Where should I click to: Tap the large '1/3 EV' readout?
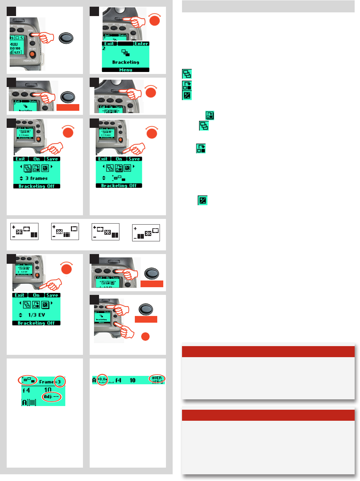click(x=36, y=315)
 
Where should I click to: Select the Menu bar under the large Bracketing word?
click(x=125, y=70)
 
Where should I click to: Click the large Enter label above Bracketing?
click(x=141, y=44)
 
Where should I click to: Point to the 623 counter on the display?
click(x=17, y=52)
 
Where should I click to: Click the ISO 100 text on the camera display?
click(x=15, y=48)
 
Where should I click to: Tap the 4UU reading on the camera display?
click(x=14, y=44)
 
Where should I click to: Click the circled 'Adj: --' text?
click(x=52, y=397)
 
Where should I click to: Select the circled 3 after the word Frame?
click(x=59, y=382)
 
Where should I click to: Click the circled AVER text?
click(x=157, y=378)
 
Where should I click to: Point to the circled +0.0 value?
click(x=102, y=379)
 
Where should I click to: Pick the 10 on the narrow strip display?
click(x=132, y=380)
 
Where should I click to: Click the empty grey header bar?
click(x=268, y=6)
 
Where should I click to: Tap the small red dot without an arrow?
click(x=145, y=336)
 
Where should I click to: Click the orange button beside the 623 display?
click(x=32, y=54)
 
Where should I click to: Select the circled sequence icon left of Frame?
click(x=27, y=380)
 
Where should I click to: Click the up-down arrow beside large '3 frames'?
click(x=21, y=178)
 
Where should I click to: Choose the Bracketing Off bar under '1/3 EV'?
click(x=36, y=323)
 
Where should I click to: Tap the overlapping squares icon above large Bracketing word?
click(x=125, y=53)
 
